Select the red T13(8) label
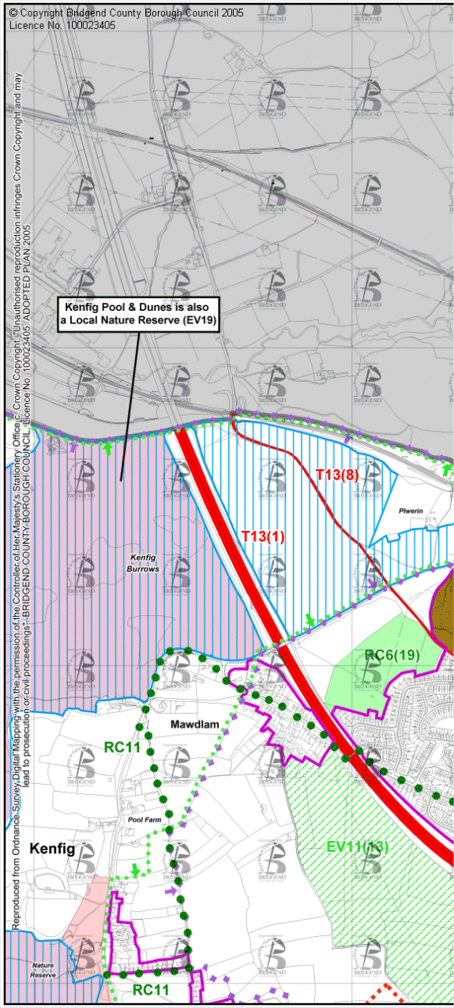pyautogui.click(x=337, y=475)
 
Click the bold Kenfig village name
pyautogui.click(x=52, y=849)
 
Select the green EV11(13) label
pyautogui.click(x=357, y=847)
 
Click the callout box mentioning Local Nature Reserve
pyautogui.click(x=139, y=313)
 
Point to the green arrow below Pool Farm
pyautogui.click(x=135, y=871)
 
